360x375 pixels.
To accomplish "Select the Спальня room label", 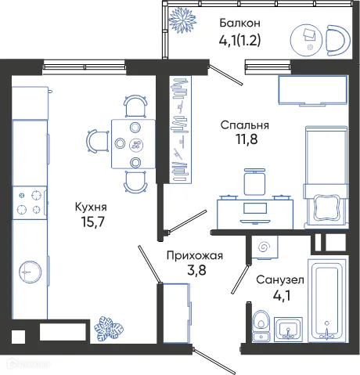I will tap(244, 124).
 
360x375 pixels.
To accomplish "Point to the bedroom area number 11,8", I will tap(244, 142).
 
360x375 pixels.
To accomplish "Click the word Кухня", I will tap(90, 207).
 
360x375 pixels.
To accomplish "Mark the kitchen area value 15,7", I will tap(90, 225).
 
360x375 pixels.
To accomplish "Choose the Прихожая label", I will tap(195, 254).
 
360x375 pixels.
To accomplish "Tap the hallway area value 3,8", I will tap(195, 272).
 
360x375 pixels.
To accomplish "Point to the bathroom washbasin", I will tap(290, 330).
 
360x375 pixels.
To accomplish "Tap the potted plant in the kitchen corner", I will tap(105, 328).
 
